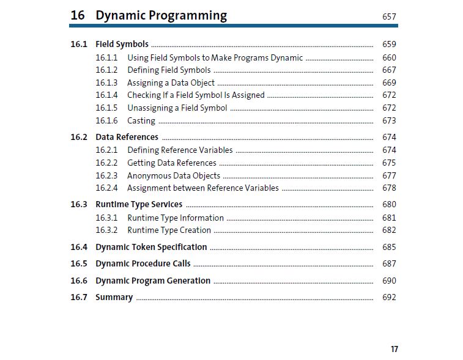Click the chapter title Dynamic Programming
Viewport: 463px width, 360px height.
point(161,15)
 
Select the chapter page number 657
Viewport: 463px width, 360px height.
point(389,17)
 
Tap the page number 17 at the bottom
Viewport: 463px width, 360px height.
point(394,349)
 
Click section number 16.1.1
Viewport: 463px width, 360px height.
point(106,57)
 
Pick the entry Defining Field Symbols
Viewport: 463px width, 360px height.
point(169,70)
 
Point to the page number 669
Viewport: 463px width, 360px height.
point(389,83)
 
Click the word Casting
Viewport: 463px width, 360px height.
point(141,121)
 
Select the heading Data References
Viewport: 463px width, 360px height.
point(127,137)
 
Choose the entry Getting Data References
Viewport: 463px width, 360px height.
point(172,163)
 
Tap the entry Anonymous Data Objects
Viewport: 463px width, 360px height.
point(174,176)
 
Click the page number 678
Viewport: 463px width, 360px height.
point(389,188)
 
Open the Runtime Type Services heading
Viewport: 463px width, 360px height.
point(139,205)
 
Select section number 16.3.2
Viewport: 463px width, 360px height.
point(106,230)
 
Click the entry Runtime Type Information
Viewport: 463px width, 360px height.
point(176,218)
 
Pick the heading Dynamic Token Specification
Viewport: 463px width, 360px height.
point(151,247)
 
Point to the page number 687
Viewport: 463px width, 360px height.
point(389,263)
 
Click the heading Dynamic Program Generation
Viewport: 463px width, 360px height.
point(153,281)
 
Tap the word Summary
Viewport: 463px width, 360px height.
point(114,297)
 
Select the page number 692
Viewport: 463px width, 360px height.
point(389,297)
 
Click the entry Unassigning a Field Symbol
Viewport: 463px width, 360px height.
point(177,108)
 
